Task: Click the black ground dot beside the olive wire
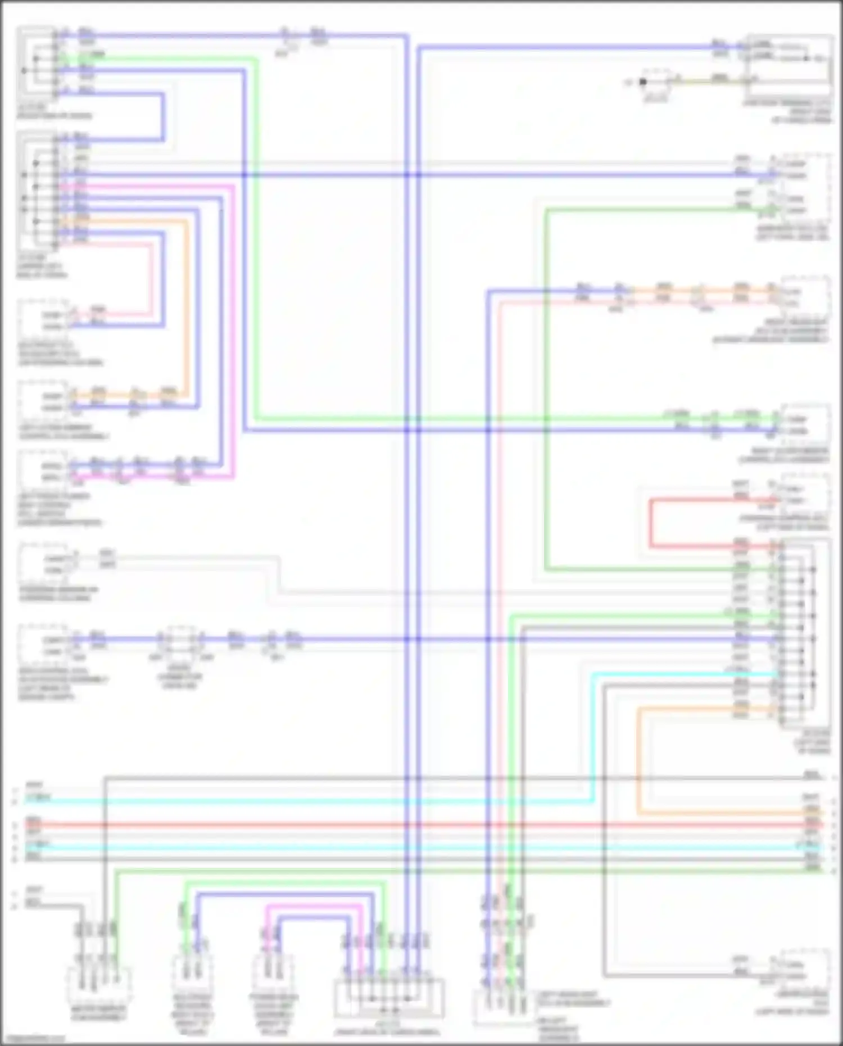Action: coord(643,82)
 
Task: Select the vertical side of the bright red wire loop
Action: coord(651,523)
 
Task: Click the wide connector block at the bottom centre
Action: coord(389,998)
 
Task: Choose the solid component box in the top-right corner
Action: coord(789,59)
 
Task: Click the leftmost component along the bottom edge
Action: coord(99,986)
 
